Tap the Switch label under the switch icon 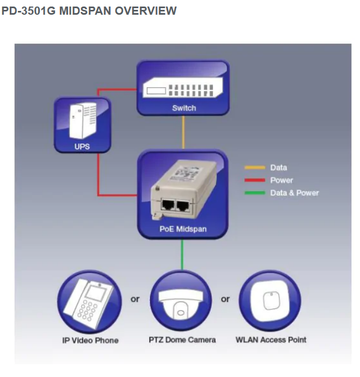[x=184, y=108]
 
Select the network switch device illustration [x=183, y=87]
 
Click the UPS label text [x=82, y=146]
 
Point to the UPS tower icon [x=82, y=120]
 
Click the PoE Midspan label [x=183, y=229]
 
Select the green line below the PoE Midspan [x=183, y=254]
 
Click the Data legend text [x=278, y=167]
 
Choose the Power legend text [x=281, y=180]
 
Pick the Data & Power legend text [x=295, y=193]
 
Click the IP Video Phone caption [x=90, y=340]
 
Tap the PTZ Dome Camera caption [x=182, y=340]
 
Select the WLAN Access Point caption [x=271, y=340]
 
